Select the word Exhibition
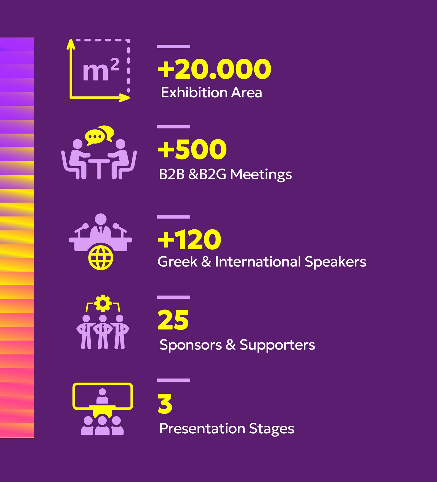194,92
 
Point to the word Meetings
261,175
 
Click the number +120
189,239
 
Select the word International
258,261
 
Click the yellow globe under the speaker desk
101,258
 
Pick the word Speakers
335,262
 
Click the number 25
173,320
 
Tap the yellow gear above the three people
103,303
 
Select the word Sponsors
191,345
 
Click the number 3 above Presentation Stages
165,404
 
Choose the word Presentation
202,428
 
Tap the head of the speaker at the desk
101,219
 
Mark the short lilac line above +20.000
173,46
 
